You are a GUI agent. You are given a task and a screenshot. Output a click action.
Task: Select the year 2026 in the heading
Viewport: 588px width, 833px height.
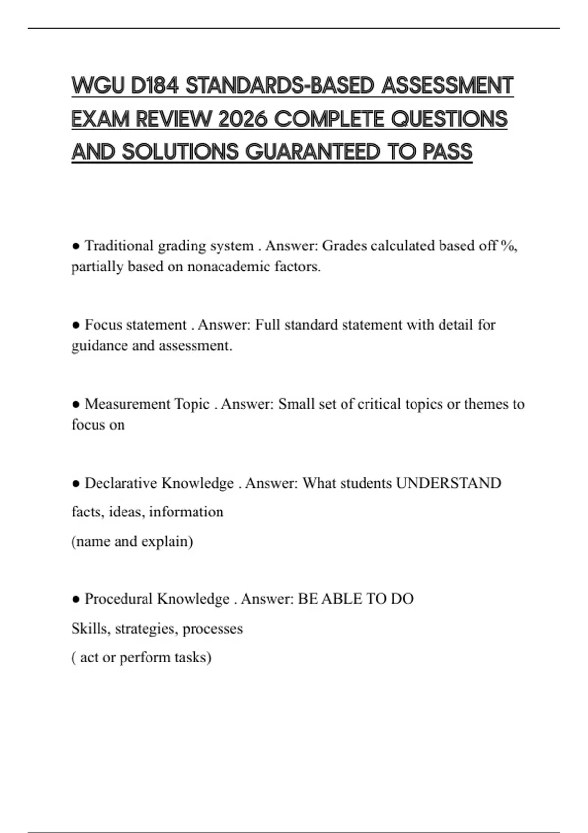click(243, 119)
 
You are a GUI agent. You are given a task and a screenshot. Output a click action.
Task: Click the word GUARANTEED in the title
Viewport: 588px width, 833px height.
click(312, 152)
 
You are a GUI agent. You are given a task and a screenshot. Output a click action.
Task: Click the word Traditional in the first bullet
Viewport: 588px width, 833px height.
click(119, 245)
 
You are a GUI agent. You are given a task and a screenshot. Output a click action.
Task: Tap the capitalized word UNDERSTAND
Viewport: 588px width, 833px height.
click(448, 483)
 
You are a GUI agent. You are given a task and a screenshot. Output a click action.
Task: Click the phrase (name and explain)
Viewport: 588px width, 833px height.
click(132, 541)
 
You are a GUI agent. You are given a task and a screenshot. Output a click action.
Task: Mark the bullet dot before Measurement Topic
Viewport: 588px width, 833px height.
click(76, 404)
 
